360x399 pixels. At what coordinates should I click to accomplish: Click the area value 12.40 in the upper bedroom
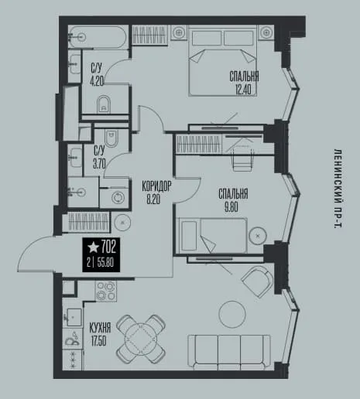pyautogui.click(x=243, y=90)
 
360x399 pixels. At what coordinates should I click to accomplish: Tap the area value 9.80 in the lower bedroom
pyautogui.click(x=231, y=207)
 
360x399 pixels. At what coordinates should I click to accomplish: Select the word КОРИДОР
pyautogui.click(x=156, y=186)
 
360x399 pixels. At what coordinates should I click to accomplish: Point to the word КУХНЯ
pyautogui.click(x=100, y=329)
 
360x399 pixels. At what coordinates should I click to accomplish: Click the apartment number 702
pyautogui.click(x=108, y=247)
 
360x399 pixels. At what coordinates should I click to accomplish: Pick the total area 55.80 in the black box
pyautogui.click(x=105, y=263)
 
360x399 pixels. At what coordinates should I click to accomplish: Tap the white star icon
pyautogui.click(x=93, y=247)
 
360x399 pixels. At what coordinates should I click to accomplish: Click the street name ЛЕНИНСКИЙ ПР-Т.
pyautogui.click(x=338, y=188)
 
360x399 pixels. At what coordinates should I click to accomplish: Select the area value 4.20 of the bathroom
pyautogui.click(x=97, y=81)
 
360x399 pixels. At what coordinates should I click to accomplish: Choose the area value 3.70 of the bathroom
pyautogui.click(x=99, y=163)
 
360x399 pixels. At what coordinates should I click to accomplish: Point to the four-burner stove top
pyautogui.click(x=106, y=292)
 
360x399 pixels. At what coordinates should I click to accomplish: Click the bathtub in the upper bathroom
pyautogui.click(x=98, y=37)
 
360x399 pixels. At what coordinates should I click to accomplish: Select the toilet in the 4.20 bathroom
pyautogui.click(x=104, y=104)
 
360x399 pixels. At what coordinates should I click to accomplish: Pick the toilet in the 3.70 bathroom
pyautogui.click(x=111, y=138)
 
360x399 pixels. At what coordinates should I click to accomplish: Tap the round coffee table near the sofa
pyautogui.click(x=232, y=314)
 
